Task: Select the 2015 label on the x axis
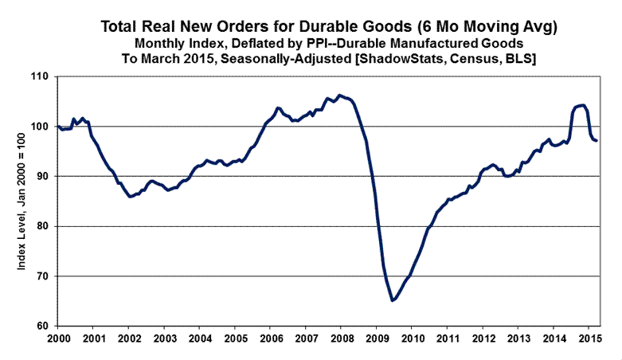tap(589, 338)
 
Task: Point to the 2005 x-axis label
tap(235, 338)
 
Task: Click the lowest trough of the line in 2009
tap(393, 300)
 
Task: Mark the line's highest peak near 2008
tap(340, 95)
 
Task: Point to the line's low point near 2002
tap(131, 197)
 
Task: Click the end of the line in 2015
tap(597, 141)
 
